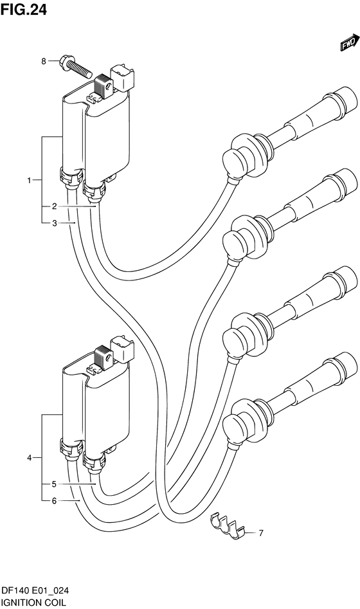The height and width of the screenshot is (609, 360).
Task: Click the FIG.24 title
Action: click(24, 9)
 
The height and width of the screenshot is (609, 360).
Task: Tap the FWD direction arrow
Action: click(348, 42)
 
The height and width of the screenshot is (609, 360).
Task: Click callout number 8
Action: click(44, 61)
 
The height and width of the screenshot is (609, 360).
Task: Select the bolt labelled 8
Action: click(76, 66)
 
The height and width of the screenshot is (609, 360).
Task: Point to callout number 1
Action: click(29, 180)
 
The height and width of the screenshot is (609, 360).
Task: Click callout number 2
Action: click(55, 206)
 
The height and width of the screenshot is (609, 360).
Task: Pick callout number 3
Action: click(55, 223)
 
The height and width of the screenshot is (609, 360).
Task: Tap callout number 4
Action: click(29, 459)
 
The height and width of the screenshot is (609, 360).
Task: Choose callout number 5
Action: click(55, 484)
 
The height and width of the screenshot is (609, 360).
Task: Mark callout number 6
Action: click(55, 501)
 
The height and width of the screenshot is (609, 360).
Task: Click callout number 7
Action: click(261, 533)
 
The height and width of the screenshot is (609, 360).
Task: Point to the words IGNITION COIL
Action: click(33, 603)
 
